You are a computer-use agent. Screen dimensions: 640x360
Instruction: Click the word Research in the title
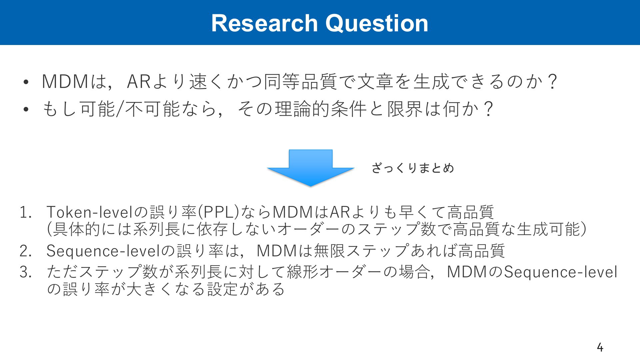(x=265, y=23)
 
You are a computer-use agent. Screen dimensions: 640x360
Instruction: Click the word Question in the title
(x=377, y=23)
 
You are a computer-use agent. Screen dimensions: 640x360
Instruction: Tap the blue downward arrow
(x=310, y=168)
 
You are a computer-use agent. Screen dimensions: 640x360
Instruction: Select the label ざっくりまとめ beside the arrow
(x=413, y=168)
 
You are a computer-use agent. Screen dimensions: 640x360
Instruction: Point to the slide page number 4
(x=600, y=347)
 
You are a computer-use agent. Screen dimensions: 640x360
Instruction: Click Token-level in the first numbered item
(x=90, y=212)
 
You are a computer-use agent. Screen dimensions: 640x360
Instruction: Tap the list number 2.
(x=25, y=251)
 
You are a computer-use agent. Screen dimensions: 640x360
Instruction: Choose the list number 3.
(x=25, y=272)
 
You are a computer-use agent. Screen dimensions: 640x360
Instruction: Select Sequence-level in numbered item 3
(x=561, y=272)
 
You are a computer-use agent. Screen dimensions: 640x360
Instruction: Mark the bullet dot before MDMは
(x=26, y=82)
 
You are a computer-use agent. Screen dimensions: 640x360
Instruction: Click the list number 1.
(x=25, y=212)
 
